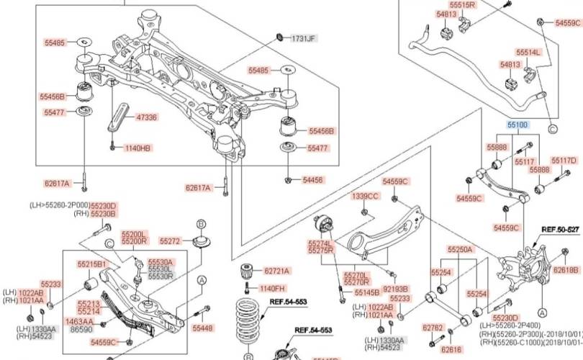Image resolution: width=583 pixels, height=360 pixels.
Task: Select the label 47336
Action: click(x=146, y=116)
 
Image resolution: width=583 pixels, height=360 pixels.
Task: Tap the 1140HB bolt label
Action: click(x=137, y=148)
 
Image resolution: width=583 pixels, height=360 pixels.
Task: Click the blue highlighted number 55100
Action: click(x=518, y=125)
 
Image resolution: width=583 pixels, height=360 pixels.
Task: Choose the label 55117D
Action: click(x=564, y=161)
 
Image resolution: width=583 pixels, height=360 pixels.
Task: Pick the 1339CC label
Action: click(x=365, y=196)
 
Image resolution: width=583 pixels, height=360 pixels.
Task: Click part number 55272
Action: click(x=170, y=240)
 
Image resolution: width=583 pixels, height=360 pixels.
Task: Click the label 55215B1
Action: click(x=92, y=264)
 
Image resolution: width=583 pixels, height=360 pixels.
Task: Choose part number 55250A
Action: click(x=460, y=249)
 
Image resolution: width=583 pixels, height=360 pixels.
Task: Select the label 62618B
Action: click(x=565, y=269)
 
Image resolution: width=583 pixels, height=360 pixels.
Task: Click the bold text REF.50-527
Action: click(x=560, y=229)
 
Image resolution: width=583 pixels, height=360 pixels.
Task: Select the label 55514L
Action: click(x=528, y=53)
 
